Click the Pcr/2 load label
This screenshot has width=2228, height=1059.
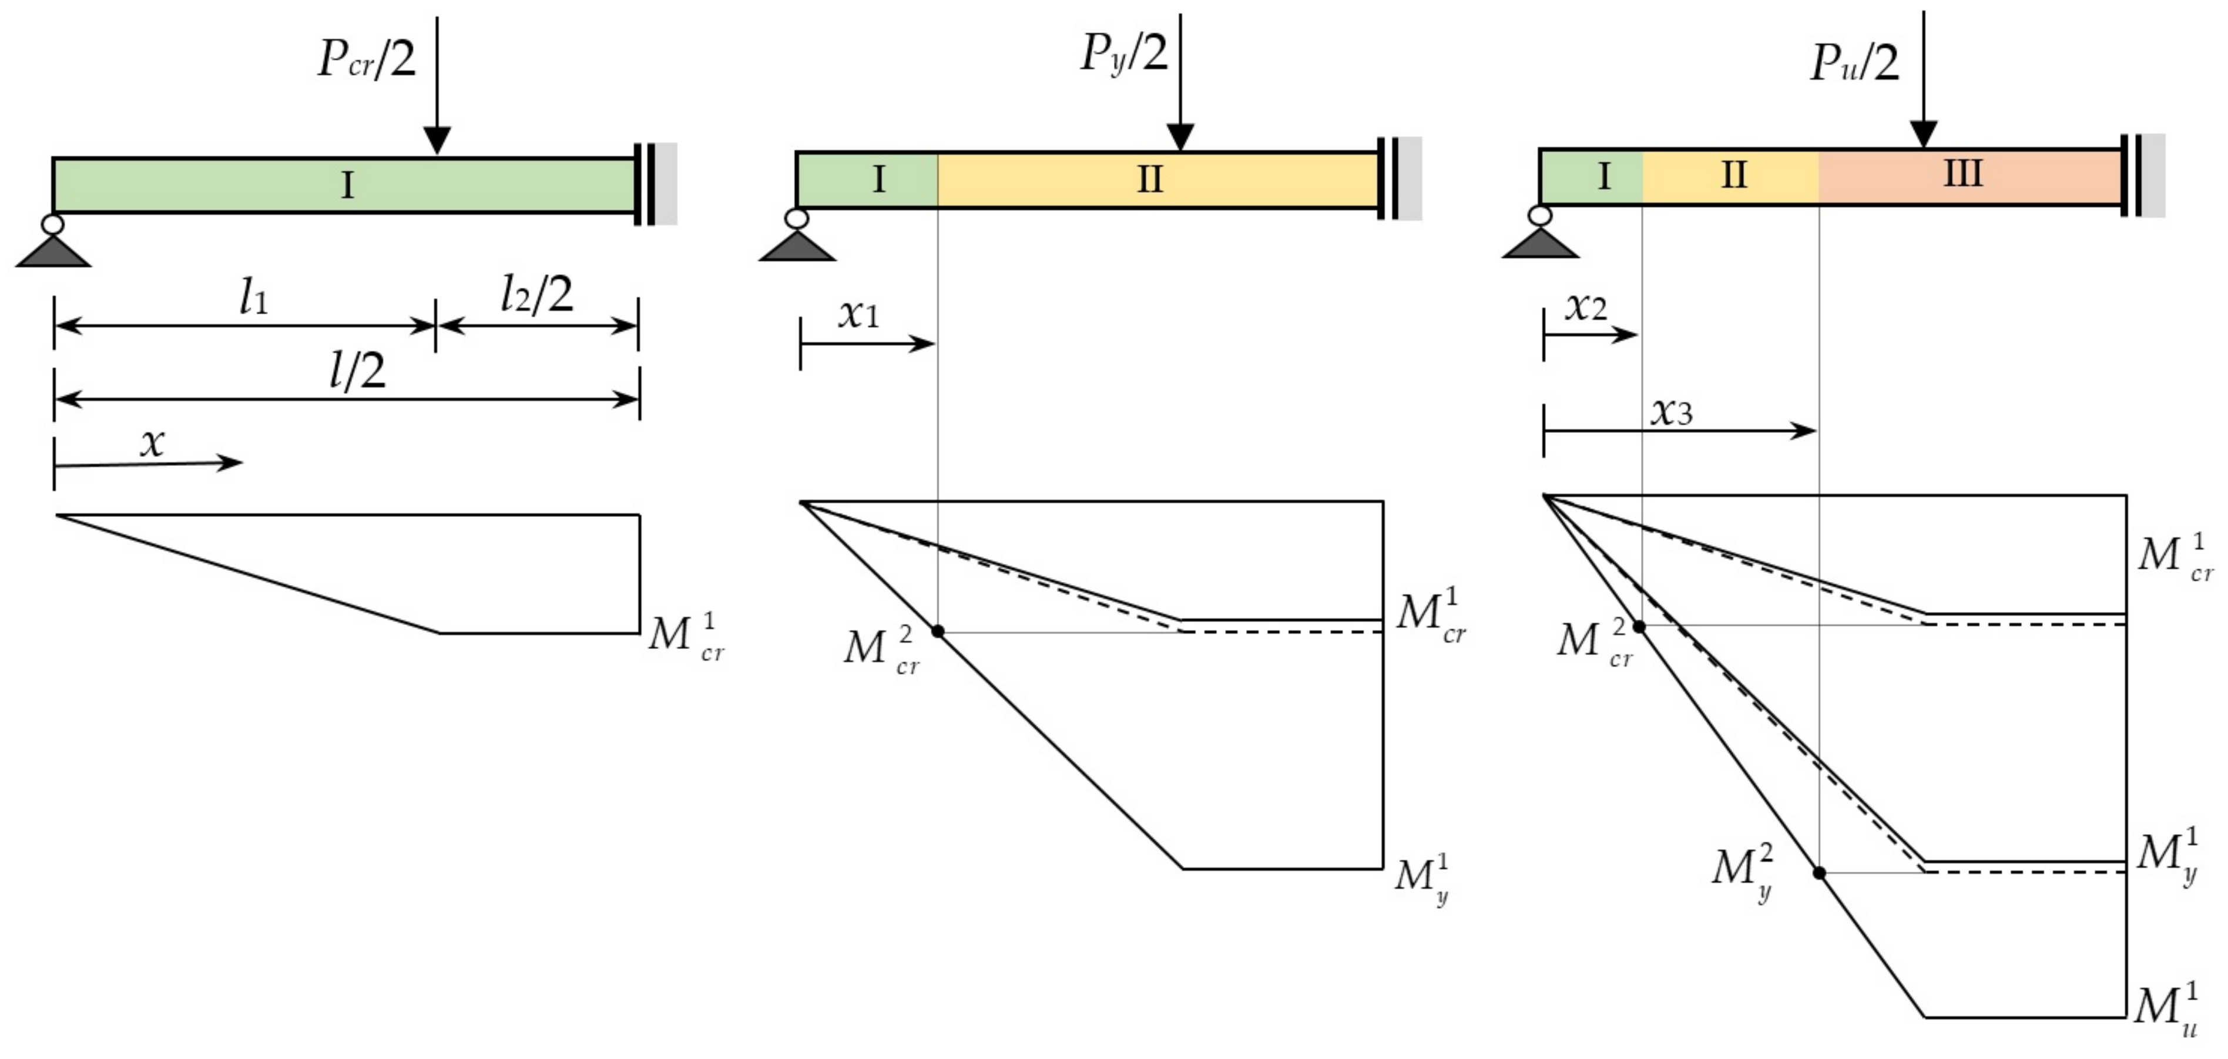(x=367, y=59)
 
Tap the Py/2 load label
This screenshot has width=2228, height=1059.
(x=1123, y=53)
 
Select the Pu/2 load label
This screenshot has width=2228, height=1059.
(x=1854, y=62)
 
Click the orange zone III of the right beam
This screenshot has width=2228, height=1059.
(x=1964, y=176)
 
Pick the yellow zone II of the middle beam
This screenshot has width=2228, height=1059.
(x=1150, y=180)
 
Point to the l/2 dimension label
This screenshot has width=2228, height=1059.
(x=358, y=372)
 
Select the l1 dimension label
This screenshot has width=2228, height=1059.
(x=253, y=298)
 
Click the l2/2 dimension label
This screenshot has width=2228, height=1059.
(x=536, y=295)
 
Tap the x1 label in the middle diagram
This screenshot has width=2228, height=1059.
(x=858, y=315)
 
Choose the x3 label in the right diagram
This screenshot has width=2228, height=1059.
(x=1671, y=412)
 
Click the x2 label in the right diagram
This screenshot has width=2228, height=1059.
(x=1586, y=307)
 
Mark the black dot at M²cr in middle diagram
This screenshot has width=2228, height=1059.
(x=938, y=632)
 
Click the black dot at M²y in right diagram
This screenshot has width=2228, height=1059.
(x=1819, y=873)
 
